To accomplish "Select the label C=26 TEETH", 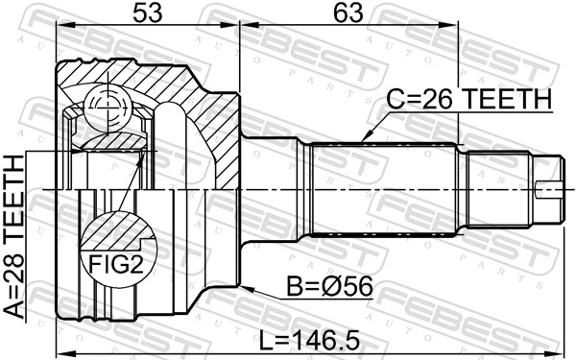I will [468, 99].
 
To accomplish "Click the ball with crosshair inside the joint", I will [104, 105].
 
